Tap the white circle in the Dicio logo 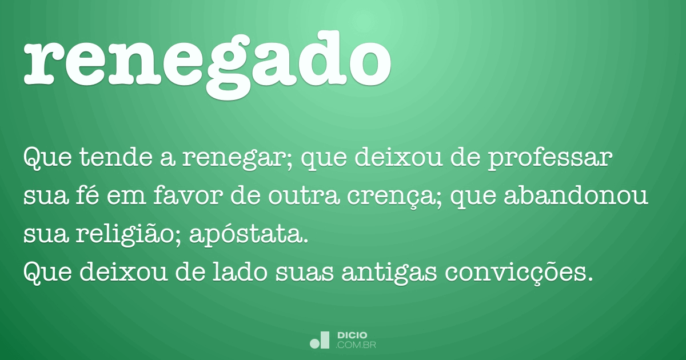click(314, 343)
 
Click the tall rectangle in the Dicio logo click(325, 339)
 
